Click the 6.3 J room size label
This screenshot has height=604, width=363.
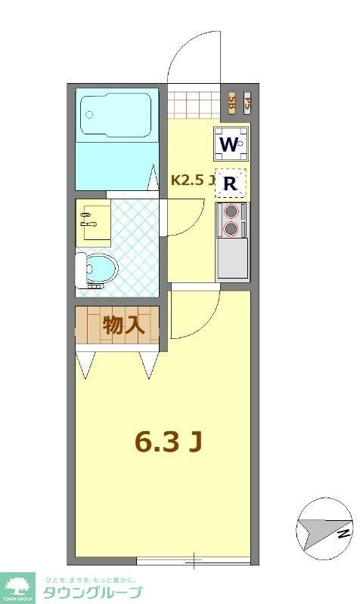pos(168,442)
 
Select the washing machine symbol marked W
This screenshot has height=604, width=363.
pos(231,143)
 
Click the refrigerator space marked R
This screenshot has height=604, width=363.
pos(231,183)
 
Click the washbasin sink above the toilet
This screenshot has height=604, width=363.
pos(93,221)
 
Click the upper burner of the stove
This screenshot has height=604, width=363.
pos(231,211)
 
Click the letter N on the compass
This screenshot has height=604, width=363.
pos(343,535)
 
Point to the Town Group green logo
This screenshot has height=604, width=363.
pos(18,587)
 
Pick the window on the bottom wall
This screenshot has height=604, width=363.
pos(193,561)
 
